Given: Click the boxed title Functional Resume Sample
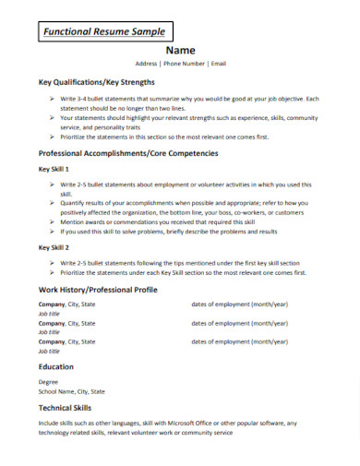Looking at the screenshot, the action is [98, 30].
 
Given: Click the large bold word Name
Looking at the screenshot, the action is [180, 50].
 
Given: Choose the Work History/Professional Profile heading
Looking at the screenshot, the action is [98, 290].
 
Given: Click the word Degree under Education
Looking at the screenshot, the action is [48, 380].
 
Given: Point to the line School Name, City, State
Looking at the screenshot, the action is [71, 390].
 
